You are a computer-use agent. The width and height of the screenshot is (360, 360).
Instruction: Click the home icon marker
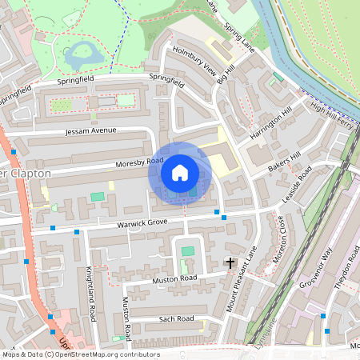click(180, 172)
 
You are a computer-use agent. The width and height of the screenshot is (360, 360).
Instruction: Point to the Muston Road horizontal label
click(174, 280)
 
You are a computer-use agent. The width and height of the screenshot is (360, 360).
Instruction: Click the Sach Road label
click(177, 319)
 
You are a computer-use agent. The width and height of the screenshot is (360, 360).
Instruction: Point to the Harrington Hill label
click(271, 123)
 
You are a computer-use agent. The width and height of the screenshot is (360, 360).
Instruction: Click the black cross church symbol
click(230, 262)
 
